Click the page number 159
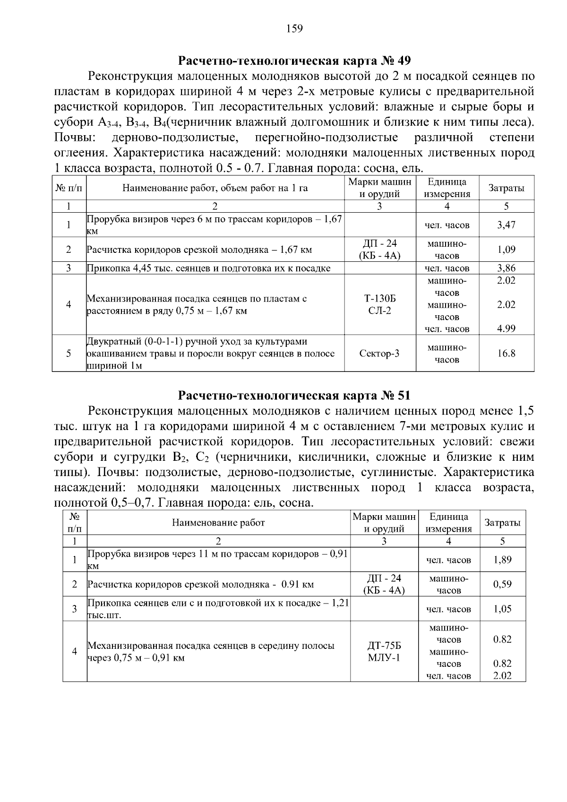(x=294, y=29)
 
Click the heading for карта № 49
(x=294, y=61)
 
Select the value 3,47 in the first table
(x=506, y=225)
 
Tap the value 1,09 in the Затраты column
(x=506, y=249)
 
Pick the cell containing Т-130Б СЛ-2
(x=380, y=305)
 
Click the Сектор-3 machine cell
(x=380, y=354)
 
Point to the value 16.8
(x=506, y=354)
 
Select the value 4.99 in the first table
(x=506, y=328)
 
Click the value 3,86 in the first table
(x=506, y=268)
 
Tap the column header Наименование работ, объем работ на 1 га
(x=215, y=188)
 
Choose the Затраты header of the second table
(x=502, y=523)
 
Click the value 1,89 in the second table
(x=502, y=560)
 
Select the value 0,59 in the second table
(x=502, y=584)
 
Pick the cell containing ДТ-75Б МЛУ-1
(x=384, y=651)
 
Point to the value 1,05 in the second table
(x=502, y=609)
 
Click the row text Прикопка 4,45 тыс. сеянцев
(x=208, y=268)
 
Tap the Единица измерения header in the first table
(x=447, y=188)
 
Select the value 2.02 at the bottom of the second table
(x=502, y=676)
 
